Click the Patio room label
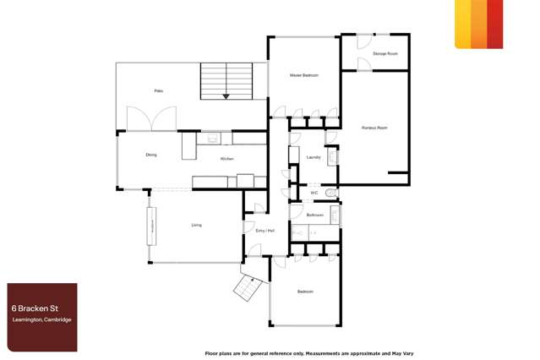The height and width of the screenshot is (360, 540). tap(158, 90)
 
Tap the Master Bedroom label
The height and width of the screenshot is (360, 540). tap(304, 75)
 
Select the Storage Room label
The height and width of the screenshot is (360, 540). tap(385, 53)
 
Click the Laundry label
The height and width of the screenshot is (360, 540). tap(312, 157)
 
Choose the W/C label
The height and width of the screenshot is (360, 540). tap(314, 193)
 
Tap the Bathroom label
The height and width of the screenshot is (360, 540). tap(315, 215)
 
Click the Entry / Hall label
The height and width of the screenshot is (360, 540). tap(265, 231)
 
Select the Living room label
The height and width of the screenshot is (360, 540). tap(196, 225)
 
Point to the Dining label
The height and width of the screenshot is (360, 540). tap(150, 155)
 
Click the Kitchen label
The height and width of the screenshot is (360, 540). tap(226, 159)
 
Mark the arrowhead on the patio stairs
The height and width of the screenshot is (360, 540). tap(226, 96)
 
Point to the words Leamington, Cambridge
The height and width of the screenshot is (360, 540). tap(40, 319)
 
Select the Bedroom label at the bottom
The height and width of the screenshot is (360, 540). tap(305, 292)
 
